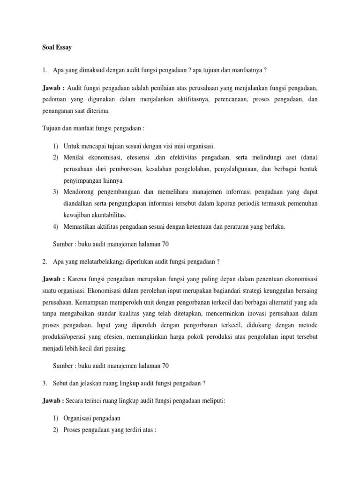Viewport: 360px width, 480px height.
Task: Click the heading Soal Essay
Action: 55,48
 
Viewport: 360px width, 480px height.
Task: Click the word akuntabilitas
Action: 106,215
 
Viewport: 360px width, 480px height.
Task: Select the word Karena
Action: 82,278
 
